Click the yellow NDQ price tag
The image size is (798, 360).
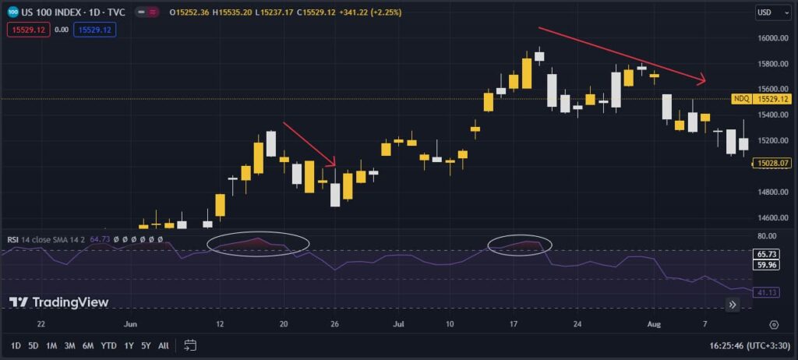pos(741,99)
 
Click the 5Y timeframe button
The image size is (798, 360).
pos(146,345)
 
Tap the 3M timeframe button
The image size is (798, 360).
pos(70,345)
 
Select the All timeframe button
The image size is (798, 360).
pos(163,345)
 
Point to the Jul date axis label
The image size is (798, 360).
pos(398,323)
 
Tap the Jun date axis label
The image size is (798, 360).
pos(130,323)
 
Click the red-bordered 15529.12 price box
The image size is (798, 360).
pos(28,30)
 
